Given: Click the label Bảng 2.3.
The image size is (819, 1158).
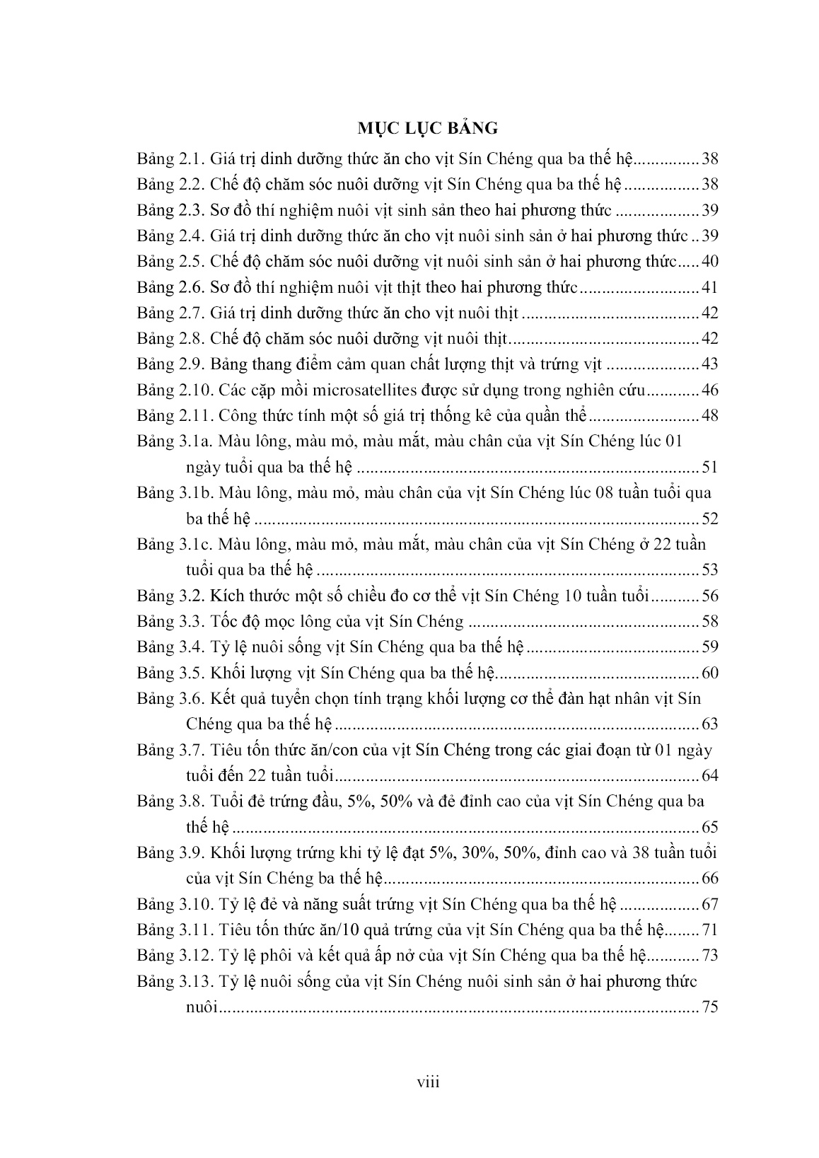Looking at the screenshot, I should tap(170, 210).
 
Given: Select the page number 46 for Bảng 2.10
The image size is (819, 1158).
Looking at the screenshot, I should tap(709, 390).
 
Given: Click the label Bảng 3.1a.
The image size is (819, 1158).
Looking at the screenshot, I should tap(174, 441).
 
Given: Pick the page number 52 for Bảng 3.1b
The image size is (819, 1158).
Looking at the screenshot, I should tap(709, 519).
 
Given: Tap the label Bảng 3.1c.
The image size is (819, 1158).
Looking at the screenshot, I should tap(173, 544).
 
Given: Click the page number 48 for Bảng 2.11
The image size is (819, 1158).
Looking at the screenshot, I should tap(709, 415).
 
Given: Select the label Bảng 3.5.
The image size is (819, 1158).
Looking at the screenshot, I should tap(170, 673).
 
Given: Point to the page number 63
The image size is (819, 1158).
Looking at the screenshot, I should tap(709, 724).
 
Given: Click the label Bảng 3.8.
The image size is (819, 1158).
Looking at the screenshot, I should tap(170, 801).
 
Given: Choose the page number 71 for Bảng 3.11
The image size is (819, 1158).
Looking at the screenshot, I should tap(709, 930).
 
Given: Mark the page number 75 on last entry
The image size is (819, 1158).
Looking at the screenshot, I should tap(709, 1007).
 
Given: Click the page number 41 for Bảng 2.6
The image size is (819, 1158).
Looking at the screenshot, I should tap(709, 287).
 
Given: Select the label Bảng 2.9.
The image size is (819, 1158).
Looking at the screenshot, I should tap(170, 364).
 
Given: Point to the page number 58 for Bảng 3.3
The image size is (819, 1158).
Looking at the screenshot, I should tap(709, 621).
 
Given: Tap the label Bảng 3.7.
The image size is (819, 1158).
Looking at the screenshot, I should tap(170, 750).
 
